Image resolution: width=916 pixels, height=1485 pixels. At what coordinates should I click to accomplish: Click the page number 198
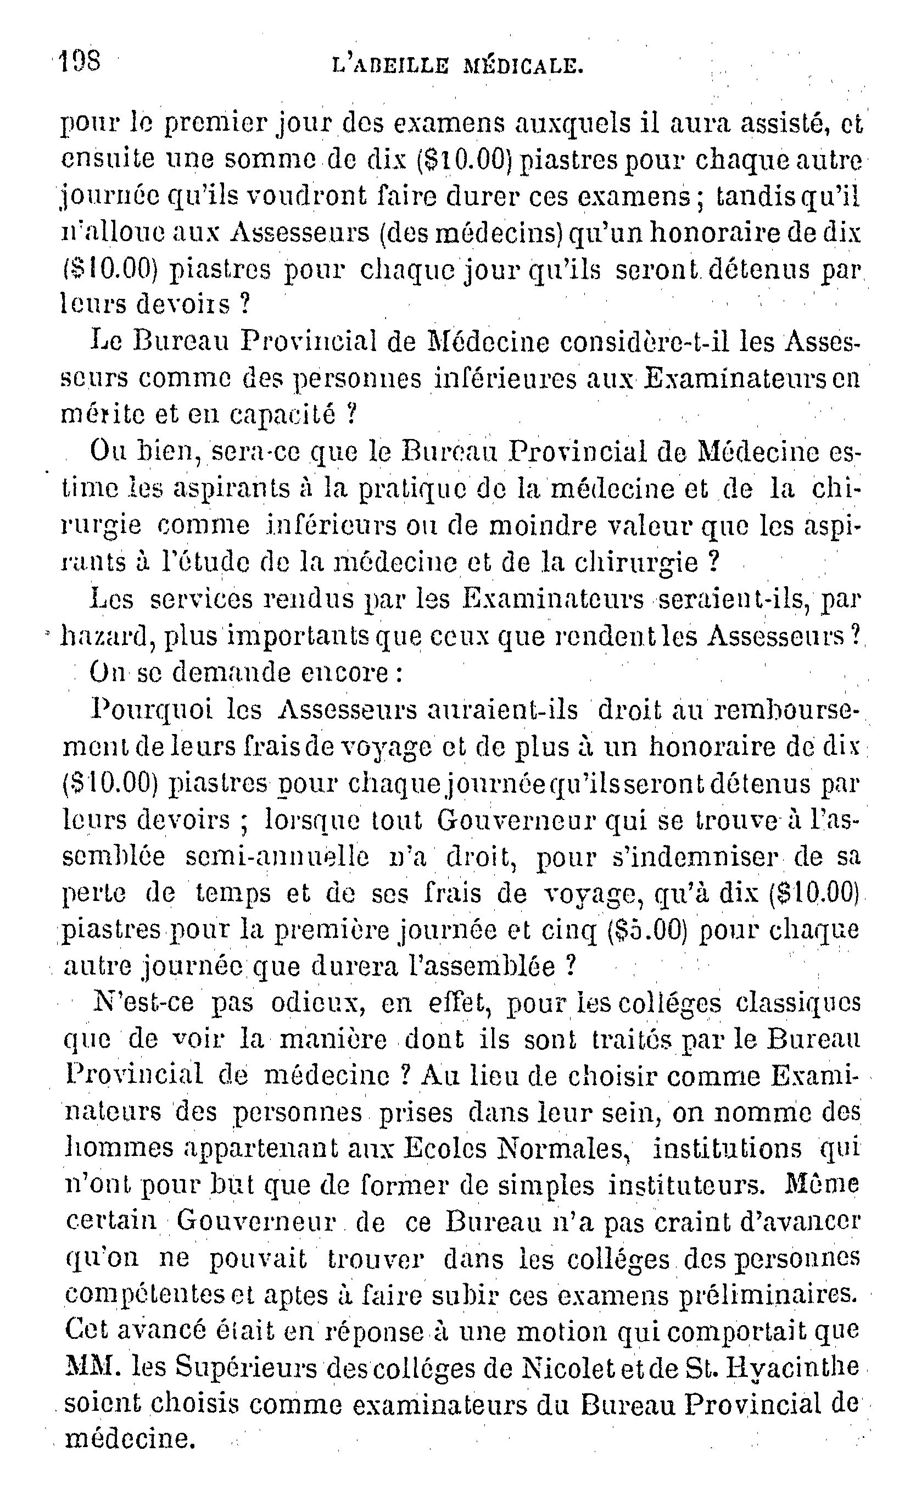tap(80, 63)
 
